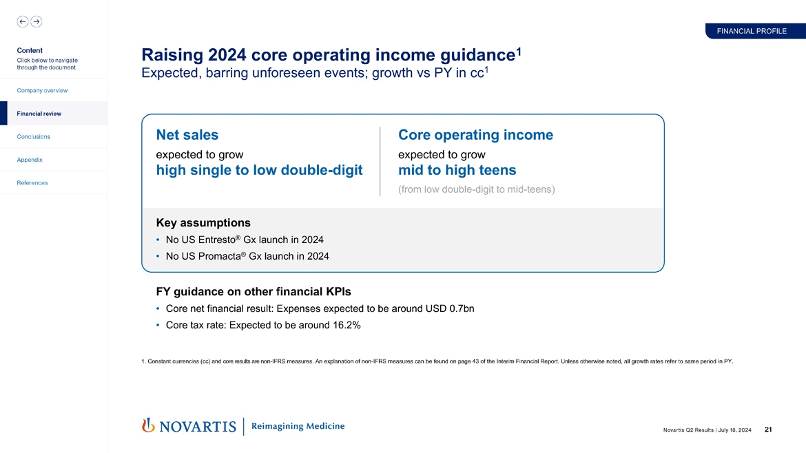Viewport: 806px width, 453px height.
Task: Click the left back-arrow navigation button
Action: (23, 21)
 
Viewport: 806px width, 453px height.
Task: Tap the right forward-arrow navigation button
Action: (36, 21)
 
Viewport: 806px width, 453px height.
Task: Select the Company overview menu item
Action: (43, 90)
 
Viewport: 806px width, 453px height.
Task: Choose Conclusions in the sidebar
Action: (34, 136)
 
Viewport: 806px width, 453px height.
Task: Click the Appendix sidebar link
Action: (30, 160)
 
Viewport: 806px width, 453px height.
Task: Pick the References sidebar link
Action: (32, 182)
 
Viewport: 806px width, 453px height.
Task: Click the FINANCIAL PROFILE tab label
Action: (752, 31)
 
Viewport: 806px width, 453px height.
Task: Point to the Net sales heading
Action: (187, 135)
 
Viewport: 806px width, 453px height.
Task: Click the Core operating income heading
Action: (475, 135)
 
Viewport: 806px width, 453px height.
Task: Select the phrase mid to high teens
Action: (457, 170)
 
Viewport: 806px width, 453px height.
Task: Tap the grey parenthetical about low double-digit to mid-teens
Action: (477, 189)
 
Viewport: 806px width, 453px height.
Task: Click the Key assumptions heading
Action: (203, 223)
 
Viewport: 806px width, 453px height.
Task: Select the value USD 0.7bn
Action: (448, 308)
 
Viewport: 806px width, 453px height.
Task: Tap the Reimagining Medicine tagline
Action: (298, 426)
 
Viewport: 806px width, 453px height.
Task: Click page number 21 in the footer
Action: (768, 430)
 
